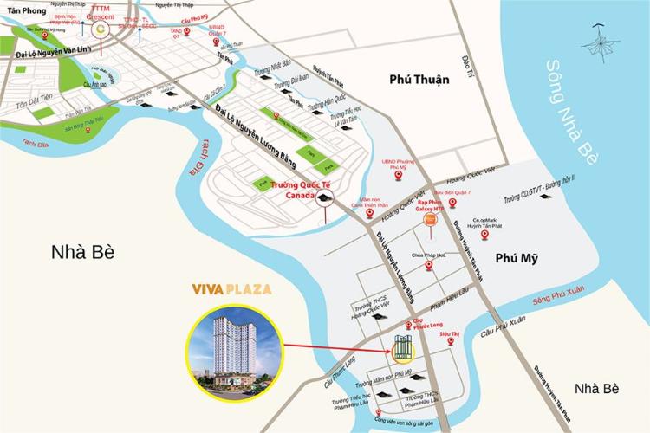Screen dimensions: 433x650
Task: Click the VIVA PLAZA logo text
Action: tap(231, 288)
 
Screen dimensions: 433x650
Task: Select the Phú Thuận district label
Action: tap(419, 81)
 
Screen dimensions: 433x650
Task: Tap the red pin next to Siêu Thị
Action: tap(451, 343)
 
